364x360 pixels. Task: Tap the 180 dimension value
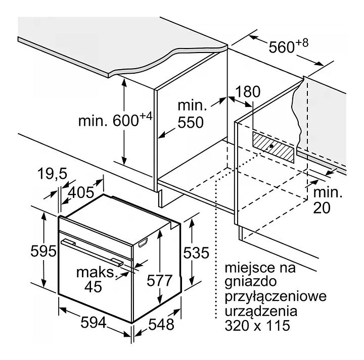tap(248, 92)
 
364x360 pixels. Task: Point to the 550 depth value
tap(190, 122)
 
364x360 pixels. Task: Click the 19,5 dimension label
tap(52, 174)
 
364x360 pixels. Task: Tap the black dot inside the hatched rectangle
tap(272, 146)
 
